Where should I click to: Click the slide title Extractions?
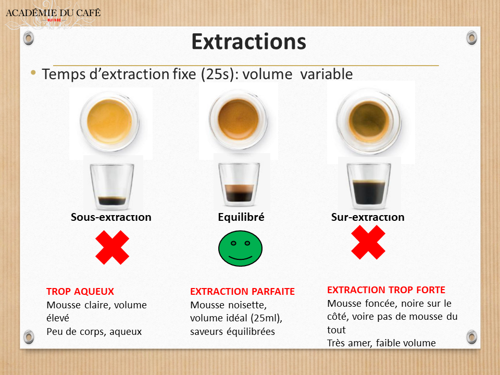[x=248, y=42]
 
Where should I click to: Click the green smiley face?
[x=240, y=248]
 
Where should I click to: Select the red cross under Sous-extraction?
[x=112, y=247]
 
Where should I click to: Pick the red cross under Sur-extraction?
[x=368, y=242]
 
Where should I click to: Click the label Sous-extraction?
[x=111, y=217]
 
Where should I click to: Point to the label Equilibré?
[x=241, y=217]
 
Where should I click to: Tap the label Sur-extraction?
[x=368, y=217]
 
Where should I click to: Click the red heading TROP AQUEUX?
[x=80, y=292]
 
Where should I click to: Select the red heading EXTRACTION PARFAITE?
[x=242, y=292]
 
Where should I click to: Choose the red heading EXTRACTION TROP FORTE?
[x=386, y=290]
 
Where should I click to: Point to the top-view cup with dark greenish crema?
[x=370, y=119]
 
